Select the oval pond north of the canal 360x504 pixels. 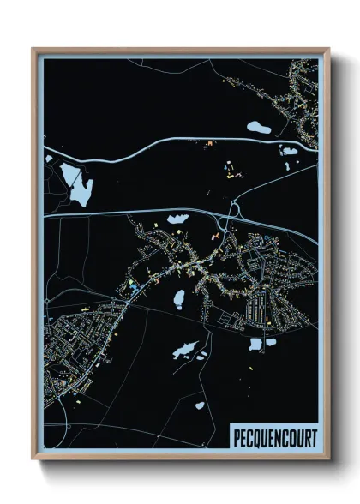[x=257, y=129]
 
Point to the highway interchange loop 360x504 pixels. [x=233, y=210]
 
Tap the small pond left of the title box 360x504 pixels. [x=200, y=405]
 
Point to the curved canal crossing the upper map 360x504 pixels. [x=171, y=138]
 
